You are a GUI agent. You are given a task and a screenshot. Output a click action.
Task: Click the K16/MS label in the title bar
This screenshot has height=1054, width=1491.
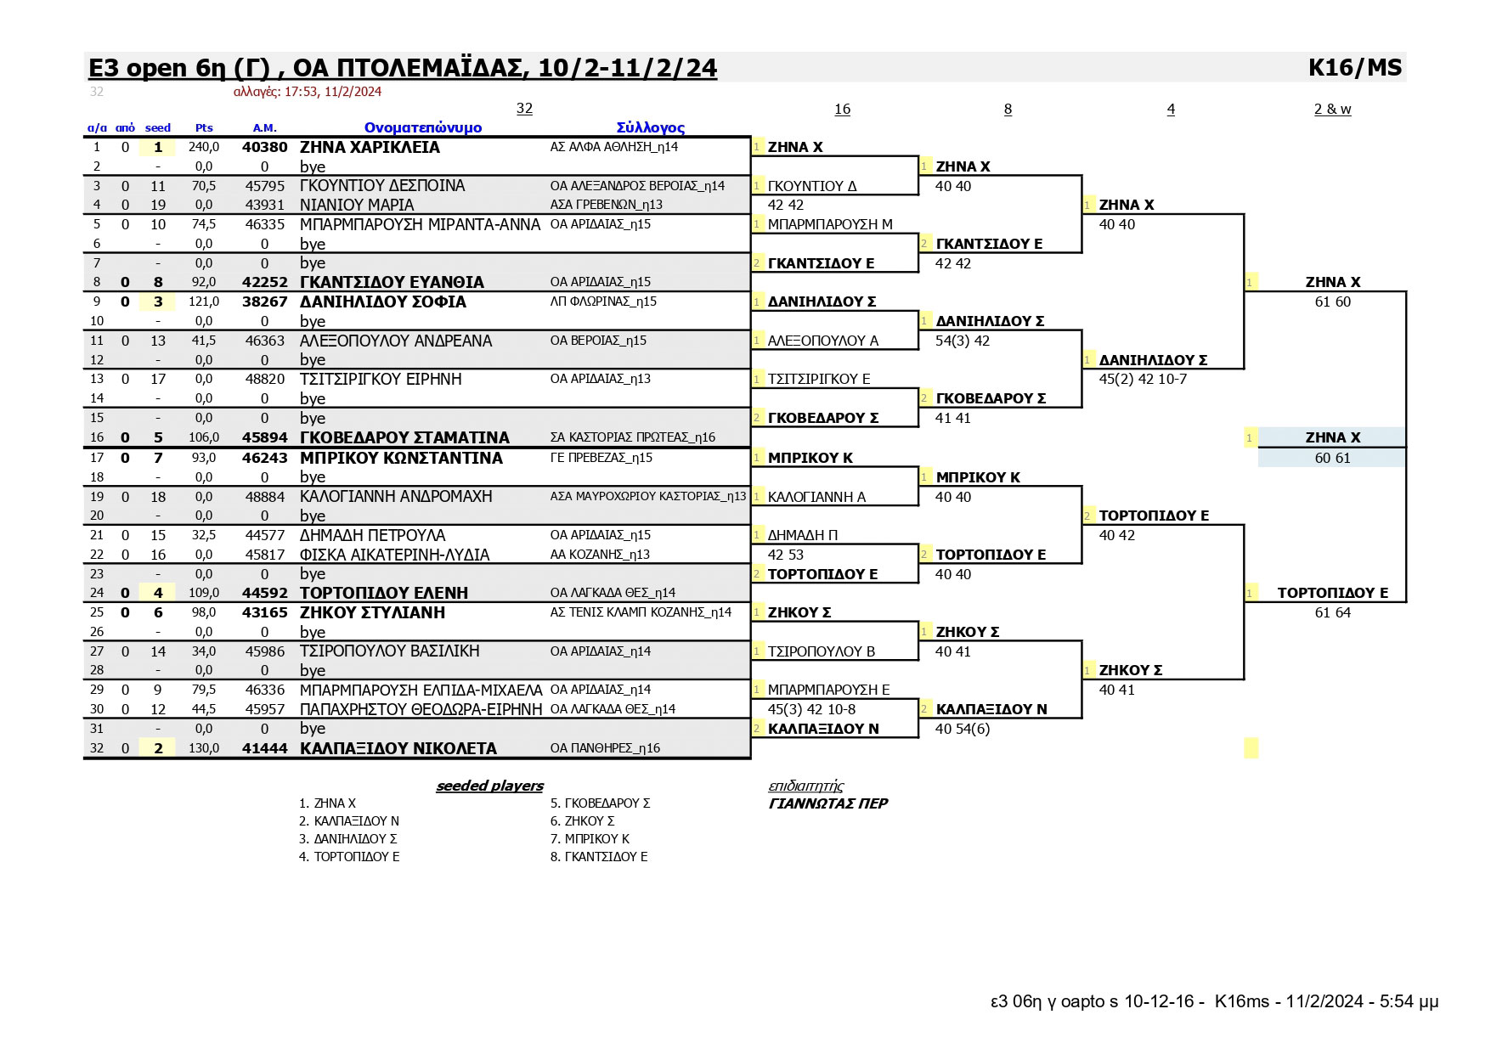click(1355, 68)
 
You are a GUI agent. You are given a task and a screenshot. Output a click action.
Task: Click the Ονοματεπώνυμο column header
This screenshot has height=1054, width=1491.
click(423, 128)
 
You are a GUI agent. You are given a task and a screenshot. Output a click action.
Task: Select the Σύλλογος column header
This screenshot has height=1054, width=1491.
click(651, 128)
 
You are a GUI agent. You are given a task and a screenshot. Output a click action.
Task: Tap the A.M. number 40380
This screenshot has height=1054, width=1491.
click(265, 147)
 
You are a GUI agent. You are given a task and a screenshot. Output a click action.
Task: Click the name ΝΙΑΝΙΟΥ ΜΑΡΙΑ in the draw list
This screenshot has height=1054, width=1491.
click(357, 205)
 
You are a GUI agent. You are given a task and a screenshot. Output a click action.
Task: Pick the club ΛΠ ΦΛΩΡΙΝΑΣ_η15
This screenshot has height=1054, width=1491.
click(603, 302)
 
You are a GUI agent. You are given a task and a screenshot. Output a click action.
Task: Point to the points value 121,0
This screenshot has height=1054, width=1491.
click(204, 302)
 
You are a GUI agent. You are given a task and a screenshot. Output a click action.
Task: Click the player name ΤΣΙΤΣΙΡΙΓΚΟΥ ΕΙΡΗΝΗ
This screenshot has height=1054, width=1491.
click(381, 379)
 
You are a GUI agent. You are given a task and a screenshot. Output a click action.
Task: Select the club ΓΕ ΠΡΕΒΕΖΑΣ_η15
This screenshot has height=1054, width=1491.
click(601, 458)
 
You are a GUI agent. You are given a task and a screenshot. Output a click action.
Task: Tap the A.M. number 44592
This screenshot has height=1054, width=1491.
click(265, 593)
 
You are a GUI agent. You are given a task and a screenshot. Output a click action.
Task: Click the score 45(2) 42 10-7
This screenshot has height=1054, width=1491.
click(1143, 379)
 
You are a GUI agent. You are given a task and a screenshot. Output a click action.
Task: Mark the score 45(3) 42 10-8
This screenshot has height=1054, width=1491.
click(811, 709)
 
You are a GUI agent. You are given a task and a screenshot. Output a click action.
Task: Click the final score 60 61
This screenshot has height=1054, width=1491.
click(1332, 458)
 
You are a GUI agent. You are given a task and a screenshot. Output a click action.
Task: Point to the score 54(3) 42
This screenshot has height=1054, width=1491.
click(963, 341)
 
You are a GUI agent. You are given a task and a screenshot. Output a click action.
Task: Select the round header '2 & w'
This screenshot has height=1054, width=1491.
click(1332, 109)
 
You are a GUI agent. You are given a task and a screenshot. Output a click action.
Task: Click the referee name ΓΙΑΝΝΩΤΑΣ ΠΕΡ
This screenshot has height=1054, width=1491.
click(827, 803)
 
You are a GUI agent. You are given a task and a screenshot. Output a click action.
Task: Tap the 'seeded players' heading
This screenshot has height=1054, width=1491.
click(489, 786)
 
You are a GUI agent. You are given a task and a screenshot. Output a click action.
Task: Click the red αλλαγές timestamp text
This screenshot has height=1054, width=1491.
click(308, 92)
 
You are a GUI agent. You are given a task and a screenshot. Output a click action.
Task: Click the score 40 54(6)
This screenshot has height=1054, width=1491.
click(963, 729)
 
